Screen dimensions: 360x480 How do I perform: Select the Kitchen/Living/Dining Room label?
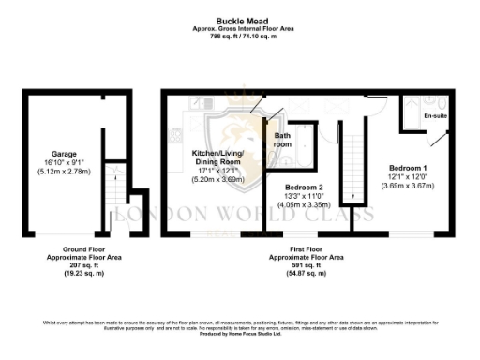pyautogui.click(x=217, y=157)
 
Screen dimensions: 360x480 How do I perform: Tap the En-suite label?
pyautogui.click(x=435, y=116)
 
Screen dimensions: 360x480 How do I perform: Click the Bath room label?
pyautogui.click(x=282, y=141)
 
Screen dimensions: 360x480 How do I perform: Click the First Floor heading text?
pyautogui.click(x=307, y=249)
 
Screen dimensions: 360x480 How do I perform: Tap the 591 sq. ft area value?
pyautogui.click(x=307, y=265)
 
